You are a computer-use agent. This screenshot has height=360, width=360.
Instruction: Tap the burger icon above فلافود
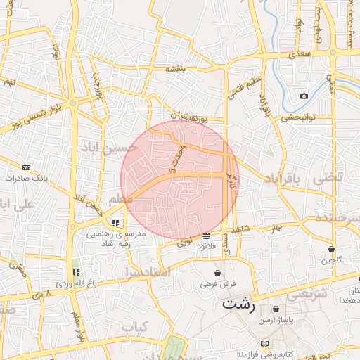point(206,236)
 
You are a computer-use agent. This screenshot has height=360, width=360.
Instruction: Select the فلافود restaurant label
point(206,246)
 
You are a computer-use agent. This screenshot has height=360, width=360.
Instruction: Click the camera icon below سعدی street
point(304,96)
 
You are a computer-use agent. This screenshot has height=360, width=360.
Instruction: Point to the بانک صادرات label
point(25,178)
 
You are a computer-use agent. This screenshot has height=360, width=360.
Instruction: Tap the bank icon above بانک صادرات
point(26,167)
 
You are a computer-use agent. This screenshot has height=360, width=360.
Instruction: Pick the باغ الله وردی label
point(76,283)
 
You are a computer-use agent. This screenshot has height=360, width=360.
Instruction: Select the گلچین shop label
point(331,260)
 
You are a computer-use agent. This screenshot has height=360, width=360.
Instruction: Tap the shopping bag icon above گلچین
point(331,250)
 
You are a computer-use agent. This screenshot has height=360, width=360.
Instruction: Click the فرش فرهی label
point(217,284)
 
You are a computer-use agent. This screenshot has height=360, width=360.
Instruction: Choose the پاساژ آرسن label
point(276,319)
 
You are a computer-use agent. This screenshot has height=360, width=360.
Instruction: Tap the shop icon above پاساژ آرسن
point(276,309)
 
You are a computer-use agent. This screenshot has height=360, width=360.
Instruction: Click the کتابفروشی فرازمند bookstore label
point(264,353)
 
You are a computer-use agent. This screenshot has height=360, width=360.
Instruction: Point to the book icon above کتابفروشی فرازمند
point(264,344)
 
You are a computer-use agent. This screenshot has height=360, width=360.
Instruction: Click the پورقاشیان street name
point(188,115)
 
